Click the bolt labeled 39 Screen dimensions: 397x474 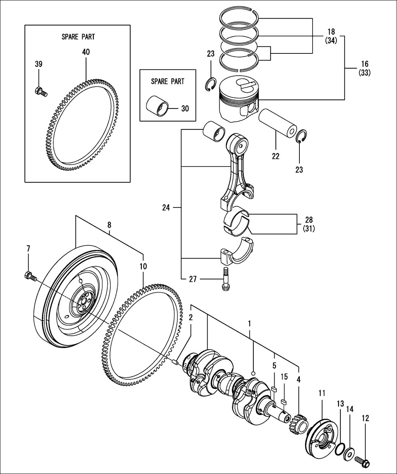click(x=41, y=91)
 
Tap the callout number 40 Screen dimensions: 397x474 click(x=86, y=52)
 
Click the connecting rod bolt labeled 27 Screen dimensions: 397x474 click(x=225, y=279)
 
